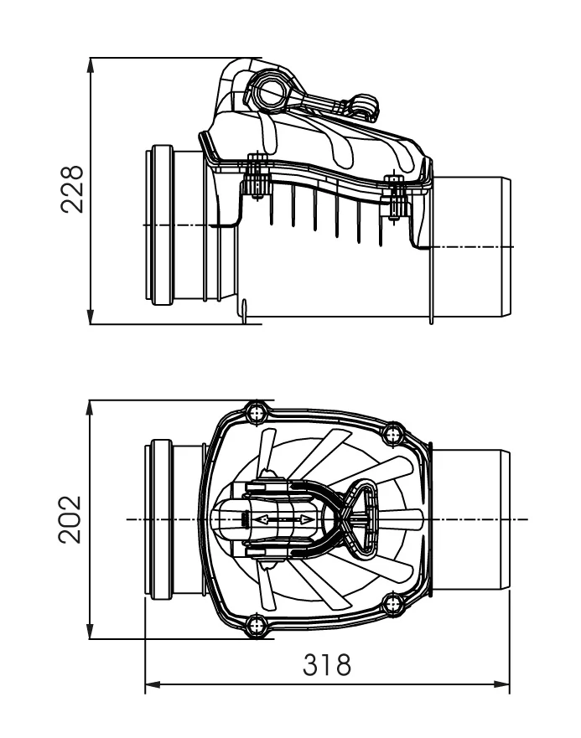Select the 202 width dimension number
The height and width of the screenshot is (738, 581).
pyautogui.click(x=73, y=520)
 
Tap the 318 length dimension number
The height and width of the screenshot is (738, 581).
pyautogui.click(x=327, y=666)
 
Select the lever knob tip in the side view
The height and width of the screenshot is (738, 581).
pyautogui.click(x=366, y=105)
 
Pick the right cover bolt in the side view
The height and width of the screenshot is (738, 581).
pyautogui.click(x=395, y=194)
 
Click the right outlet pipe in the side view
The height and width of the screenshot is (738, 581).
pyautogui.click(x=469, y=247)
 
